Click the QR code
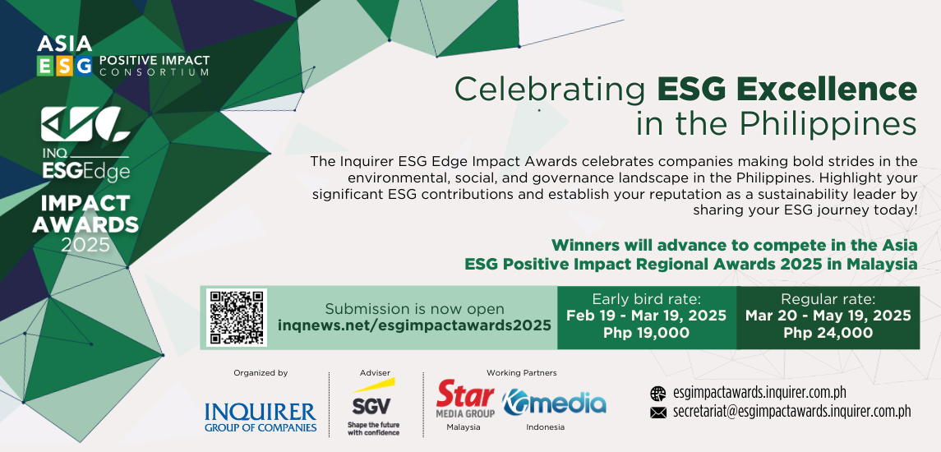tap(237, 317)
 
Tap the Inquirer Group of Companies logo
tap(261, 417)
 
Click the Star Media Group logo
tap(466, 399)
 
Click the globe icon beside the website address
tap(658, 394)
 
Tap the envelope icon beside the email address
tap(658, 413)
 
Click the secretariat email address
tap(792, 412)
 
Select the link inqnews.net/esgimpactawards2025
tap(414, 325)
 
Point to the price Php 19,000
tap(646, 333)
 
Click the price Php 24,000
tap(828, 333)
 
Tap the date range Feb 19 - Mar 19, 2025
tap(646, 316)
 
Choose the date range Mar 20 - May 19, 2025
tap(828, 316)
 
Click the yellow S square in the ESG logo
tap(65, 66)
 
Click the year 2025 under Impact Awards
tap(85, 245)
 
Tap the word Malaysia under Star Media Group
tap(464, 427)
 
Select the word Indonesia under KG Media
tap(546, 427)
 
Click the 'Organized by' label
tap(261, 373)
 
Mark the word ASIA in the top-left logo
tap(65, 44)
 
